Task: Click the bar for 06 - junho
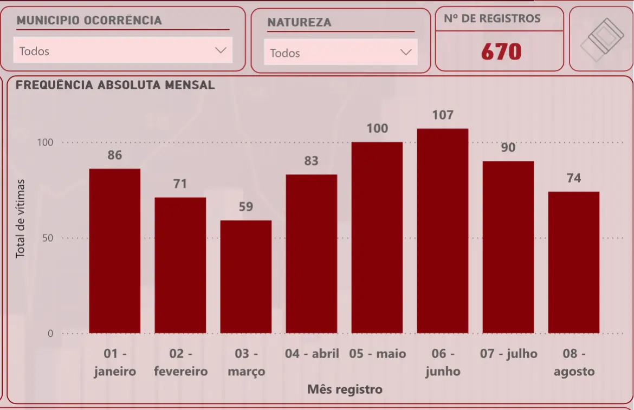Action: (442, 231)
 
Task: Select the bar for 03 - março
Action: (245, 276)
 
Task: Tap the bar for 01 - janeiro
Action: (115, 251)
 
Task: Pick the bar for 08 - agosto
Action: (573, 262)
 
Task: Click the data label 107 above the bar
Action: (443, 115)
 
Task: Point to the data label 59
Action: (246, 207)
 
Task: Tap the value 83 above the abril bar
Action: (311, 161)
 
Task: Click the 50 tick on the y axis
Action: (48, 238)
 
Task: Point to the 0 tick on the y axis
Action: (50, 334)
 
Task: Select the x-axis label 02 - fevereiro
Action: (180, 362)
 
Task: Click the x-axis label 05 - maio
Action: (377, 354)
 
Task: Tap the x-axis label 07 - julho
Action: (508, 354)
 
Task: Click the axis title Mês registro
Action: (345, 389)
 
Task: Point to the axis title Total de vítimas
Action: (21, 218)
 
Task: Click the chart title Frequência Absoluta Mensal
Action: (115, 85)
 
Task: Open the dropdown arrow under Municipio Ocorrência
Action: (221, 50)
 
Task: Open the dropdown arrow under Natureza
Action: (405, 52)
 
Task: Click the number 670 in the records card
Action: (501, 52)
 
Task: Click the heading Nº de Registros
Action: (492, 18)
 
